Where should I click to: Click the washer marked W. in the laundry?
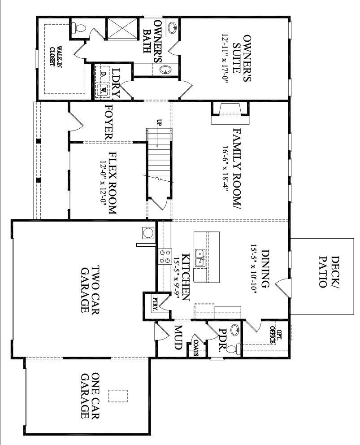104,89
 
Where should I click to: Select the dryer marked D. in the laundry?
104,74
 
